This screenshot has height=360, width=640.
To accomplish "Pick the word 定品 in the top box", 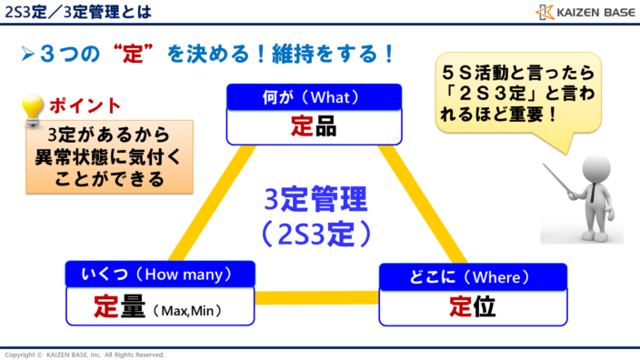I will [313, 126].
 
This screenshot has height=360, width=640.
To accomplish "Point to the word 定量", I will [120, 307].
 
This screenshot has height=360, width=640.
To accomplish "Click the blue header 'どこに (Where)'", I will [472, 275].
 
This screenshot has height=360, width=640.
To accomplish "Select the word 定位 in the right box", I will [472, 307].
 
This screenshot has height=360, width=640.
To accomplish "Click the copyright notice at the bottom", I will [86, 354].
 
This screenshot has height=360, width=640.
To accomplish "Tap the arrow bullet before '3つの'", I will [27, 54].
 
